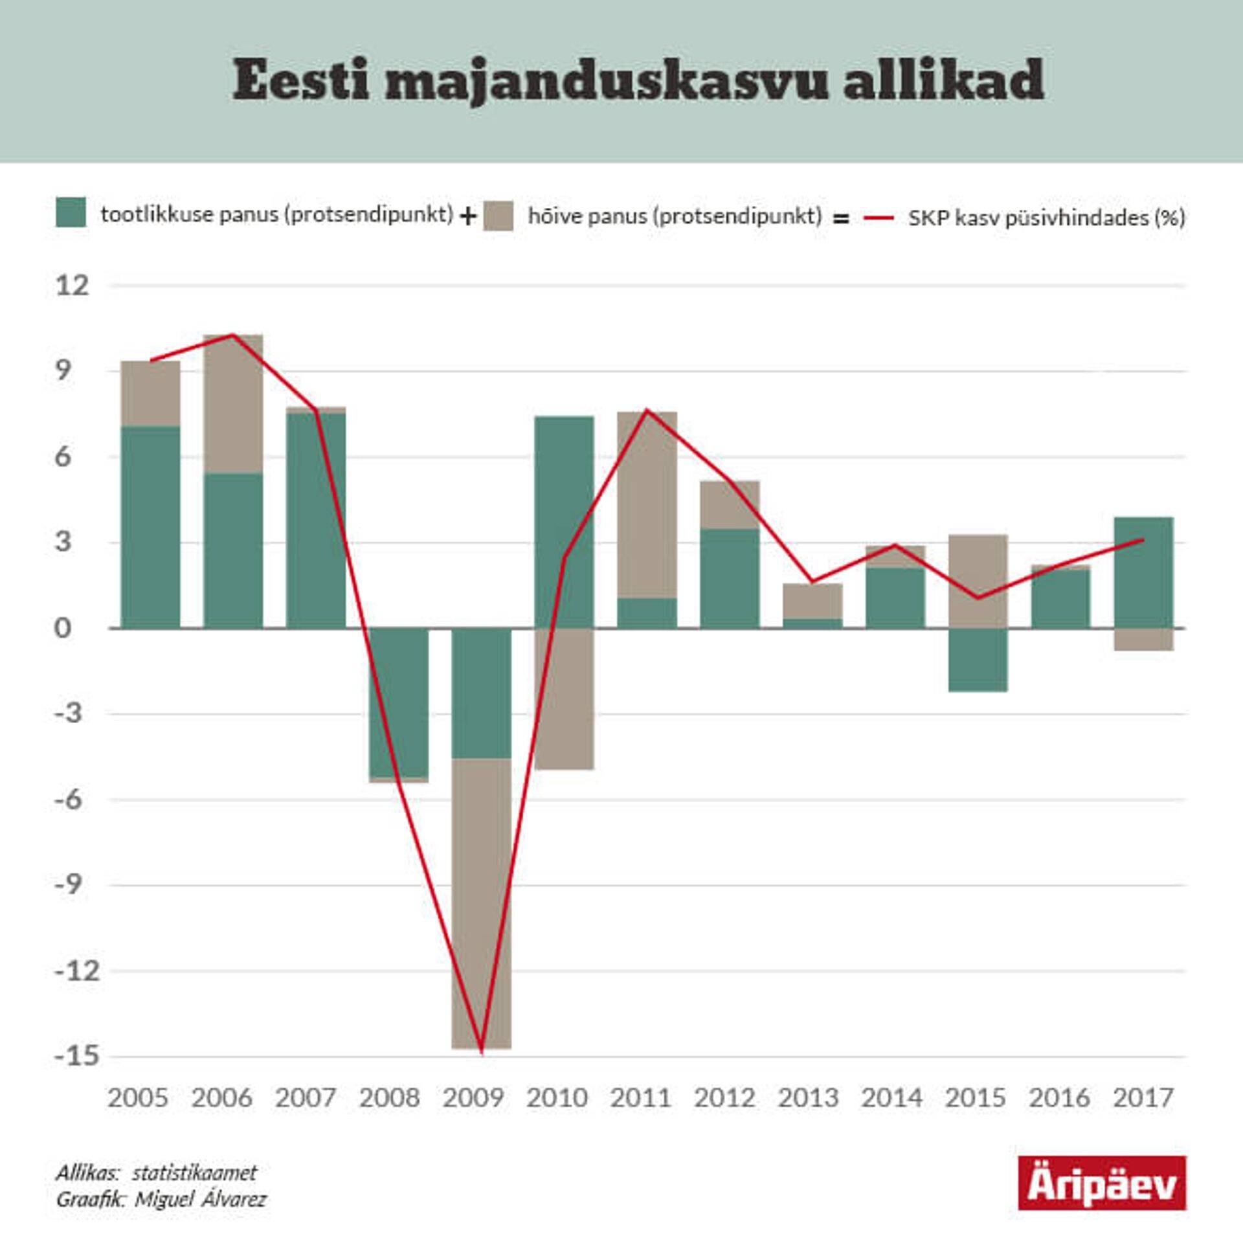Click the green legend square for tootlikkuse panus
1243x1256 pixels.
click(x=71, y=212)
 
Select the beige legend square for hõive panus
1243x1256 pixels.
click(x=498, y=216)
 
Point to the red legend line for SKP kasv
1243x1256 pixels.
click(x=879, y=218)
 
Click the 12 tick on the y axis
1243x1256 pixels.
click(x=72, y=286)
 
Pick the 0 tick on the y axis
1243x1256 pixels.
click(x=62, y=628)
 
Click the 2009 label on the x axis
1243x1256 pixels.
click(x=473, y=1098)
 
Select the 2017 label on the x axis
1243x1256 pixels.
click(x=1143, y=1098)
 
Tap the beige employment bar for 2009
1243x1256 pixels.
click(x=482, y=904)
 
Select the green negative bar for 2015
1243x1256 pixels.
click(x=978, y=659)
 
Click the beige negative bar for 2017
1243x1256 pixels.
click(x=1143, y=639)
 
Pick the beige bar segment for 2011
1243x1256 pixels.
click(x=647, y=504)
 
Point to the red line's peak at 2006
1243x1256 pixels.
click(x=232, y=335)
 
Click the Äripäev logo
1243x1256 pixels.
click(x=1102, y=1183)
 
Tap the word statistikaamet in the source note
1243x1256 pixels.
click(x=194, y=1172)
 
